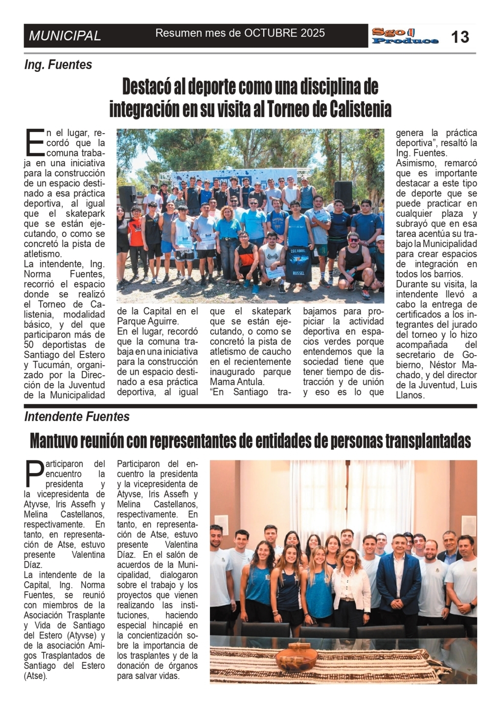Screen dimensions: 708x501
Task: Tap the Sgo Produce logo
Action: point(405,36)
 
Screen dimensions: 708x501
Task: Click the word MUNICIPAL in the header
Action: point(65,36)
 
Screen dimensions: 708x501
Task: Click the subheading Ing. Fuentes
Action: point(58,65)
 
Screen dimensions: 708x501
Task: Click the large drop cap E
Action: point(34,141)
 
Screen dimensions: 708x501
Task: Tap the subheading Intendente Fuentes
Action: point(77,417)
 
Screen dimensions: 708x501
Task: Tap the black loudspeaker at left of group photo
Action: point(126,198)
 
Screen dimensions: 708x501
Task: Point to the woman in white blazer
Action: point(350,585)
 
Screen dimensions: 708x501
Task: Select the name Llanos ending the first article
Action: point(410,395)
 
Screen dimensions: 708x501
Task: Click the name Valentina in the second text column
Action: point(182,545)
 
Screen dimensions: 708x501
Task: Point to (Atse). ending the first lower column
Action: point(36,676)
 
